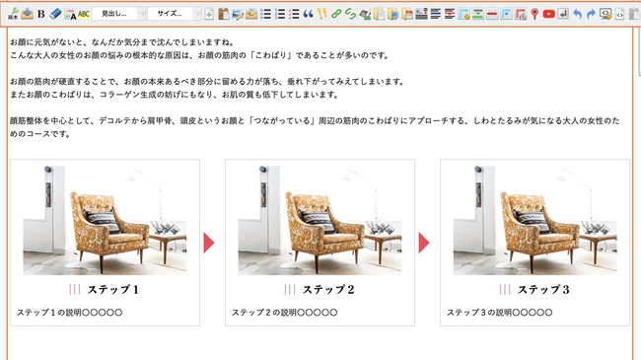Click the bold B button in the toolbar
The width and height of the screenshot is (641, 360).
tap(40, 14)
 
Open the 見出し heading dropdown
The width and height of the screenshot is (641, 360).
tap(118, 14)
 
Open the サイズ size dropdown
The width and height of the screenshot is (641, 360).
tap(174, 14)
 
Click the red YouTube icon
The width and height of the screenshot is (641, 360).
tap(548, 14)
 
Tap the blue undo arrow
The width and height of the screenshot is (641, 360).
tap(577, 15)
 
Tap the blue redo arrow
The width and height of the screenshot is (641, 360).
tap(591, 15)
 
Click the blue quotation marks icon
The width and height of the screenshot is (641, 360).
tap(309, 14)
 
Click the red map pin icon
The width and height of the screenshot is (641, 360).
tap(534, 15)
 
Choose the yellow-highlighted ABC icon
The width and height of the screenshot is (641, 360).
tap(84, 15)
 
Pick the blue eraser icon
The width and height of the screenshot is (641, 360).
tap(55, 14)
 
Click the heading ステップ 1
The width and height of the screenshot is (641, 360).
tap(113, 290)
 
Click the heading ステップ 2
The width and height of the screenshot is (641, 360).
tap(328, 290)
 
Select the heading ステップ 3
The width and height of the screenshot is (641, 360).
tap(543, 290)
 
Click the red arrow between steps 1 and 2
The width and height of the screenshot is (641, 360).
tap(209, 243)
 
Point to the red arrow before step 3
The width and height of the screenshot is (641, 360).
tap(424, 243)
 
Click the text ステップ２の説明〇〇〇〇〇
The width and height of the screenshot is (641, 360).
tap(285, 313)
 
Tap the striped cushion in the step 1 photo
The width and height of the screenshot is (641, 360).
tap(102, 220)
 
